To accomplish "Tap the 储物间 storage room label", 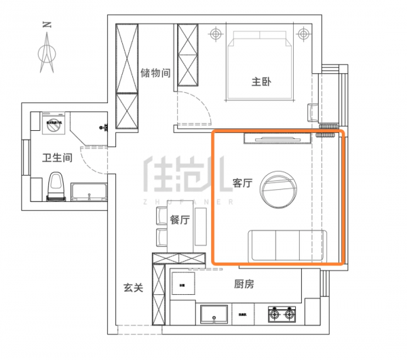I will pyautogui.click(x=155, y=73).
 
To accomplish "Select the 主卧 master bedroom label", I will pyautogui.click(x=261, y=82).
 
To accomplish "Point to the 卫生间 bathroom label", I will pyautogui.click(x=57, y=158).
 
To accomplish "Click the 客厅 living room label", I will pyautogui.click(x=242, y=183).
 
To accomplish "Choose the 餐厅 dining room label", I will pyautogui.click(x=180, y=220).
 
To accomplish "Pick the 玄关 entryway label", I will pyautogui.click(x=133, y=287).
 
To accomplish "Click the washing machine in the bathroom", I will pyautogui.click(x=53, y=125).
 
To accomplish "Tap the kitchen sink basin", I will pyautogui.click(x=216, y=315).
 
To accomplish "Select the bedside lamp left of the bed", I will pyautogui.click(x=216, y=33).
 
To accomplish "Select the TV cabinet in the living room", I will pyautogui.click(x=275, y=139).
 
